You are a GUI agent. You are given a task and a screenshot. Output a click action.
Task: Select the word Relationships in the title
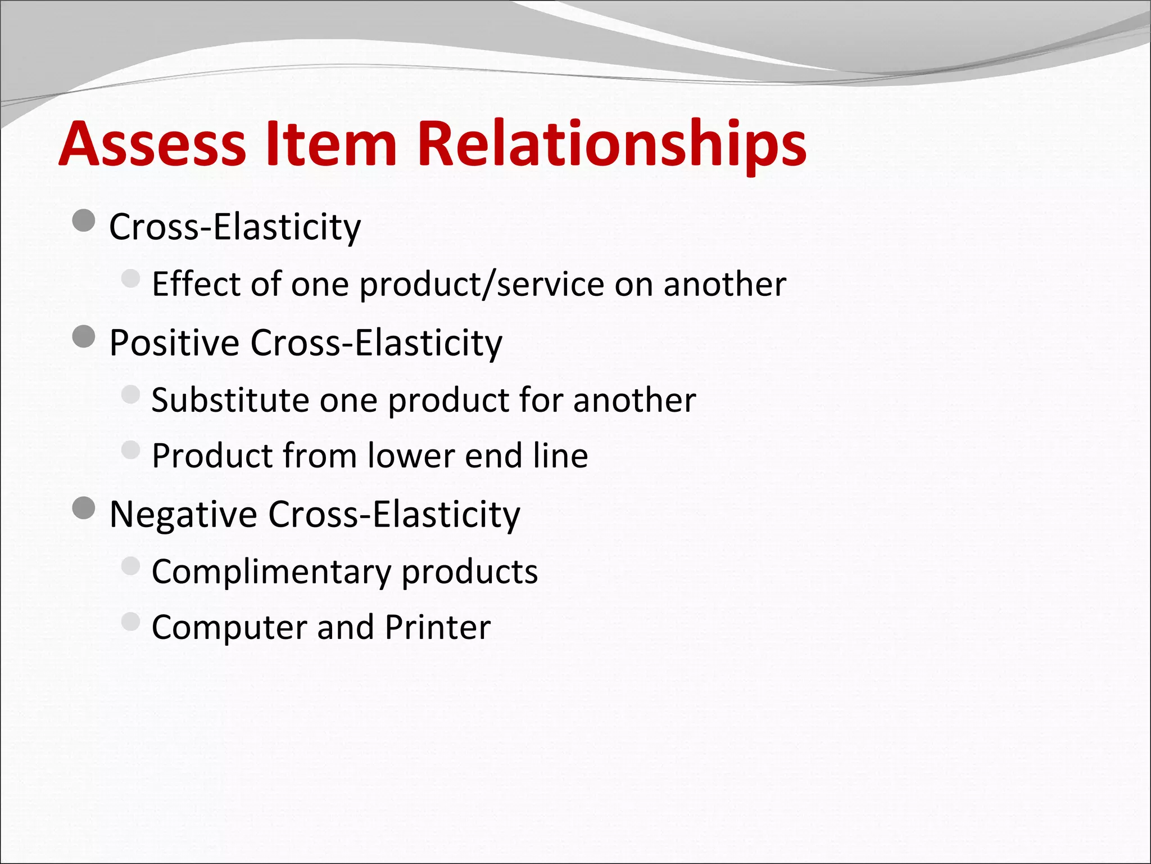(x=611, y=145)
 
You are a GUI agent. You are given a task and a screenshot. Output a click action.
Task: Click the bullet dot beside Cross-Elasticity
(x=84, y=221)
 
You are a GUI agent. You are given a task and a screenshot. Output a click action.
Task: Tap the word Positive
(x=174, y=343)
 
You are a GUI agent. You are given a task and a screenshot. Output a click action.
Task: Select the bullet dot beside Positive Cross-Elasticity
(x=84, y=337)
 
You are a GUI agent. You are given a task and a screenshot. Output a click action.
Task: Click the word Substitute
(x=230, y=400)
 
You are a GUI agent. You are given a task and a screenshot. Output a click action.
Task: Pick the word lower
(x=411, y=455)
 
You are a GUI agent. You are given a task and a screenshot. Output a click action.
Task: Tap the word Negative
(x=183, y=514)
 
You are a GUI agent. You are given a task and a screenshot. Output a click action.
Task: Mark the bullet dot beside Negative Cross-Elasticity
(x=84, y=508)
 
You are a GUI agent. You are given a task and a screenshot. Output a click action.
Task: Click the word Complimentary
(x=270, y=573)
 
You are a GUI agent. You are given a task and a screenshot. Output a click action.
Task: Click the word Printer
(x=438, y=627)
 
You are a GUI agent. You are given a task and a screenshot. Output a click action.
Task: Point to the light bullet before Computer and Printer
(x=130, y=622)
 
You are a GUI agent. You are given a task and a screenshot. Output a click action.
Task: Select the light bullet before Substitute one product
(x=130, y=394)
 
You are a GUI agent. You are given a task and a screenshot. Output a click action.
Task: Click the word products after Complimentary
(x=469, y=573)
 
